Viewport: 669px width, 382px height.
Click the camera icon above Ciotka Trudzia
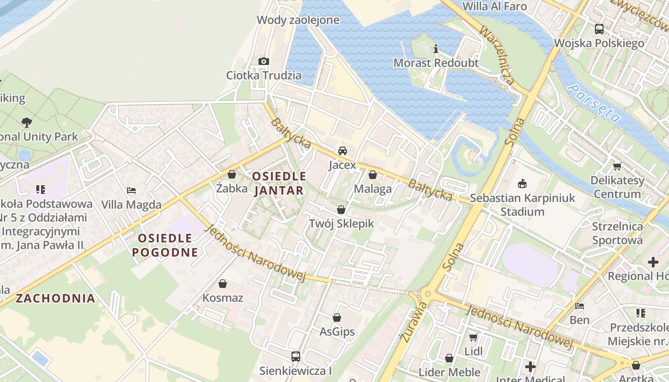(x=263, y=61)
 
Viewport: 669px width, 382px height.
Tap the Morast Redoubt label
(x=436, y=63)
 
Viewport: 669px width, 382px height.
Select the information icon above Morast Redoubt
(x=435, y=49)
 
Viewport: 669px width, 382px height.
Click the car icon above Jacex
(x=343, y=151)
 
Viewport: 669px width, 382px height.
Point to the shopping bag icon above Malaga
(x=373, y=175)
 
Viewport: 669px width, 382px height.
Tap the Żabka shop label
(x=232, y=188)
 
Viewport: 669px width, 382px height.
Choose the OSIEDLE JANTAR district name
(x=279, y=183)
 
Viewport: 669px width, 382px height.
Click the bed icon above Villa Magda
(x=131, y=191)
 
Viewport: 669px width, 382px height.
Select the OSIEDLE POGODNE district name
(x=165, y=245)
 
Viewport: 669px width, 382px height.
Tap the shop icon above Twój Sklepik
(x=341, y=210)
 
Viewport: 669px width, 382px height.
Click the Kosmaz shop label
(x=223, y=298)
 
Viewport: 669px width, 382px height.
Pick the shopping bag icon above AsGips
(x=337, y=318)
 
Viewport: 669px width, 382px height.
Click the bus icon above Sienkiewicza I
(x=296, y=356)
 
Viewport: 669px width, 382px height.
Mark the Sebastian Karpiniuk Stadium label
(x=523, y=204)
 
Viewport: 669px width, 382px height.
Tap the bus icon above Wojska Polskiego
(x=599, y=29)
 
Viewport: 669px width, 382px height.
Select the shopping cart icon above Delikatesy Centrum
(x=617, y=167)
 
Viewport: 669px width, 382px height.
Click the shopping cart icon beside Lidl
(x=473, y=338)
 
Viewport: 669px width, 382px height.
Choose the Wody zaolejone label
(x=298, y=20)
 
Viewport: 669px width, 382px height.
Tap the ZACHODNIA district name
(x=55, y=298)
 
